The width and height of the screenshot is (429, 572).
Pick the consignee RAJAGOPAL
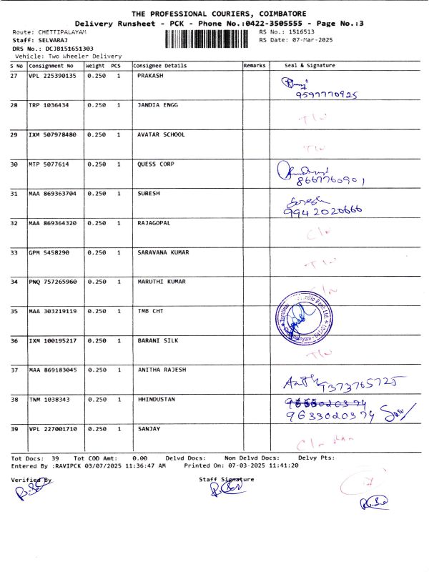[x=154, y=223]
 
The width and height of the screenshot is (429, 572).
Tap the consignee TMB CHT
[x=149, y=311]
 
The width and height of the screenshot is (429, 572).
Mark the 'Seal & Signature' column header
[x=310, y=66]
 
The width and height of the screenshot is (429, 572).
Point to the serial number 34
[x=14, y=282]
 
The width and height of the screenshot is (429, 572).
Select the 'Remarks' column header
[x=255, y=66]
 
